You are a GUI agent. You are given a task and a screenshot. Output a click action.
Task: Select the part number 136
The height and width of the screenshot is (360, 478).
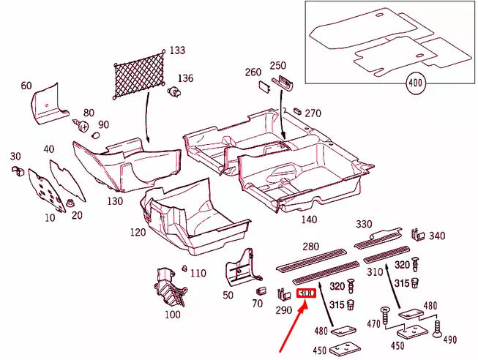click(x=185, y=78)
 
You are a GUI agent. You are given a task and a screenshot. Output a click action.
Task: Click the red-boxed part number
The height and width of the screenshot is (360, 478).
click(x=307, y=293)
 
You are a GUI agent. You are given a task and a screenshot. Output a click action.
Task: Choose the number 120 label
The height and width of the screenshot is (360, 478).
click(x=138, y=232)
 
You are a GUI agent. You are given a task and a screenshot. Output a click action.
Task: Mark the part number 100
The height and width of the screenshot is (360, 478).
click(x=172, y=315)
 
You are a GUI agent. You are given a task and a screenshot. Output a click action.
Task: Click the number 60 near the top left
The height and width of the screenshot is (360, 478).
click(x=26, y=86)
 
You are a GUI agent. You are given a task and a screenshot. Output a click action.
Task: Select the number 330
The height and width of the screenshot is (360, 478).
click(x=364, y=224)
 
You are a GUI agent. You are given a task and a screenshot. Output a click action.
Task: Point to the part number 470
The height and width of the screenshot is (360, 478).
click(x=374, y=323)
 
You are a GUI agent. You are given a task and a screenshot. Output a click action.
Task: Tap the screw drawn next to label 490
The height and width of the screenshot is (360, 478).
click(x=438, y=329)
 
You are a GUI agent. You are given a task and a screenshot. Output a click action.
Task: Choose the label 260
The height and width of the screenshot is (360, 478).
click(x=253, y=72)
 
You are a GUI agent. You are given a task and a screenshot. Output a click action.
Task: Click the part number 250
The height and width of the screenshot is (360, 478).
click(x=278, y=66)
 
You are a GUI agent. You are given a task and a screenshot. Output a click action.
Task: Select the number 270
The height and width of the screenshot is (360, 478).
click(x=313, y=113)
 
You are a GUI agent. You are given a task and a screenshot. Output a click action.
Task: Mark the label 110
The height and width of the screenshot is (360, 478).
click(x=198, y=273)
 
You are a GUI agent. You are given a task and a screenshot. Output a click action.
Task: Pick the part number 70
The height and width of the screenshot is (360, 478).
click(x=257, y=303)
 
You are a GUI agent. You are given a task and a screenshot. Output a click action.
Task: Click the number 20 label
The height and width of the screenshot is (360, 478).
click(x=77, y=214)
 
